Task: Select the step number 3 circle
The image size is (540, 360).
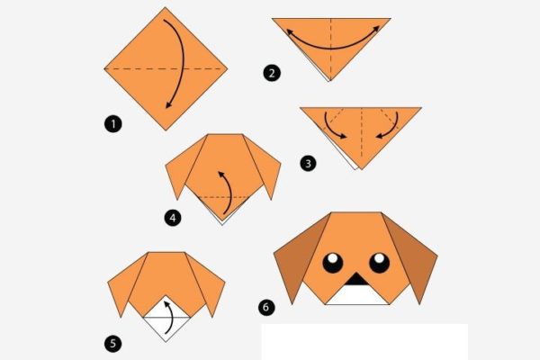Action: (309, 163)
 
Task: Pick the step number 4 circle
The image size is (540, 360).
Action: (172, 216)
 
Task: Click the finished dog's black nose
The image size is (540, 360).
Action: (357, 279)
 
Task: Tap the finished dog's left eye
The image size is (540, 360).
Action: (333, 263)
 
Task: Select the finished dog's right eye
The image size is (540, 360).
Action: (380, 263)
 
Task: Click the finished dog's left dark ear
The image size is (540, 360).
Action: (296, 257)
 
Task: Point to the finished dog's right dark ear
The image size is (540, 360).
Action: (416, 257)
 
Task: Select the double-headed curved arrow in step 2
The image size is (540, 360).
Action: (332, 40)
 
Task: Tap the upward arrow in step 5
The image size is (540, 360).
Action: (167, 316)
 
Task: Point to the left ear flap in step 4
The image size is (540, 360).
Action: (179, 171)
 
